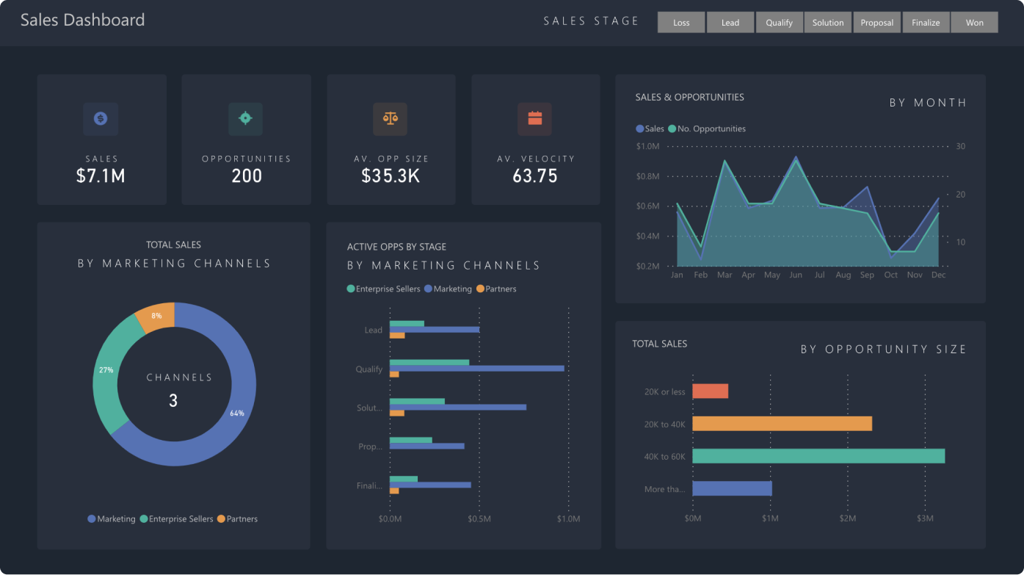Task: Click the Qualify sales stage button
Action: point(779,23)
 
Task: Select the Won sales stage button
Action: point(974,23)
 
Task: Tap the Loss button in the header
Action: point(681,23)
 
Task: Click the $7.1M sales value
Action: point(101,176)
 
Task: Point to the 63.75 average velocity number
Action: point(534,176)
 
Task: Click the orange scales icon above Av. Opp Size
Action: point(390,118)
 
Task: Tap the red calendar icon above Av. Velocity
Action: point(534,118)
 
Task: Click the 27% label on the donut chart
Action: point(106,370)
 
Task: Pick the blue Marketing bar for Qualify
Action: point(477,368)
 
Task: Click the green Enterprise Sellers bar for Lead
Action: point(407,323)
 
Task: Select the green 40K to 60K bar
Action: point(818,456)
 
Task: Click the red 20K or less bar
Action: point(710,391)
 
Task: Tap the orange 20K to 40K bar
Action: point(782,424)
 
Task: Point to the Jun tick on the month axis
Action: point(796,275)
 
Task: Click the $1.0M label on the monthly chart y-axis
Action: point(647,147)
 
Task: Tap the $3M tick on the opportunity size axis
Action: point(925,519)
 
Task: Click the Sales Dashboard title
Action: point(82,21)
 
